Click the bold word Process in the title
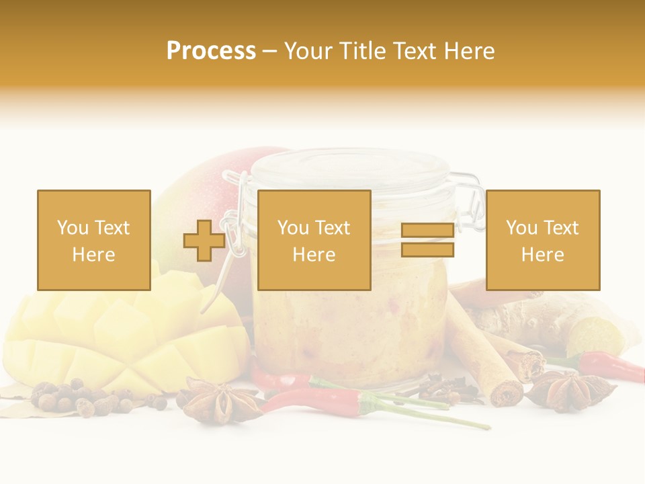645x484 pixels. click(211, 51)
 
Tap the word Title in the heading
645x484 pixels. click(363, 51)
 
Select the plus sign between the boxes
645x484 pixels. click(204, 241)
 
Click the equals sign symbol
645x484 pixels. click(427, 240)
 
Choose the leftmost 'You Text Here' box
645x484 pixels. click(94, 240)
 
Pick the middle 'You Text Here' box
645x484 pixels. click(314, 240)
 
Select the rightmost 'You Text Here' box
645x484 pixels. click(542, 240)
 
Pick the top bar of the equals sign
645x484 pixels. click(427, 231)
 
